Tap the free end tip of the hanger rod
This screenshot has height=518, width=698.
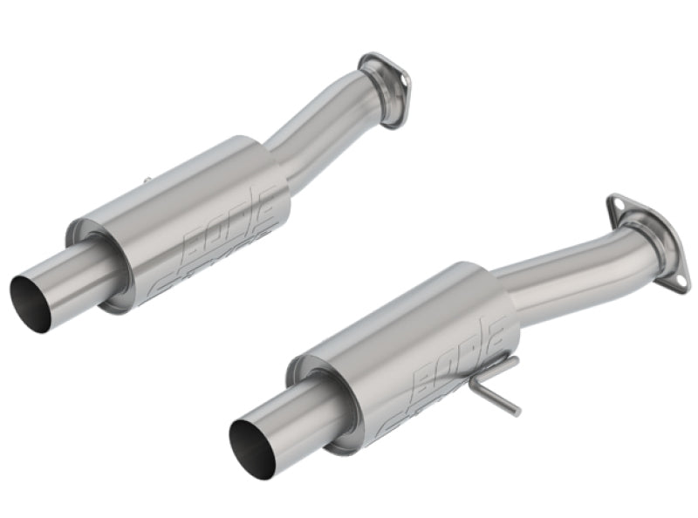(517, 411)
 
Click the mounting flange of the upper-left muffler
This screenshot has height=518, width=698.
(385, 87)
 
